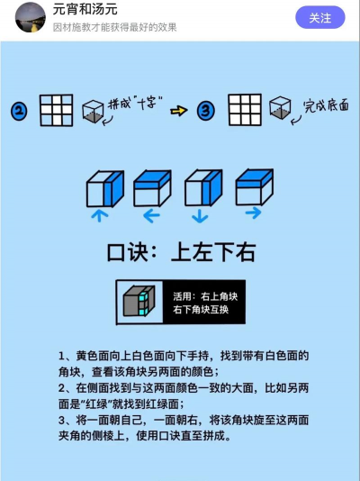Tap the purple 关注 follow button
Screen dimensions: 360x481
(x=320, y=17)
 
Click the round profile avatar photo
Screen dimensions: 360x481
(x=31, y=17)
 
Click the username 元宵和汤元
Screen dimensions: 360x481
(x=85, y=9)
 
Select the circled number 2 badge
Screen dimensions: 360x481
(x=19, y=112)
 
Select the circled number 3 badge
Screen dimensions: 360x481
(x=205, y=111)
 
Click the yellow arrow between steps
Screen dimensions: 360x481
(x=179, y=111)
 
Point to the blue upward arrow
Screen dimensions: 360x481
(x=100, y=215)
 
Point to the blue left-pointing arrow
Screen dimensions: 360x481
(x=152, y=215)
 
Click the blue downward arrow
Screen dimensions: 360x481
(x=200, y=215)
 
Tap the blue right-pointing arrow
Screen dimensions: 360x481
(x=253, y=213)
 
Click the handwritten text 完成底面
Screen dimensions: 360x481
(x=326, y=105)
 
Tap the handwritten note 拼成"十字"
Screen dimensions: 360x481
(x=135, y=103)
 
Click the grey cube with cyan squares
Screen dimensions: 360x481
(x=139, y=301)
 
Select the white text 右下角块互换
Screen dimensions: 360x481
(x=201, y=309)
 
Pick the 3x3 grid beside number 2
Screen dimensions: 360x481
(x=57, y=111)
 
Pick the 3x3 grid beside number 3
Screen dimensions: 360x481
(x=245, y=110)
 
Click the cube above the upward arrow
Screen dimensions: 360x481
(x=105, y=189)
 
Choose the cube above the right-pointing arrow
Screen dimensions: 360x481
(x=255, y=187)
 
